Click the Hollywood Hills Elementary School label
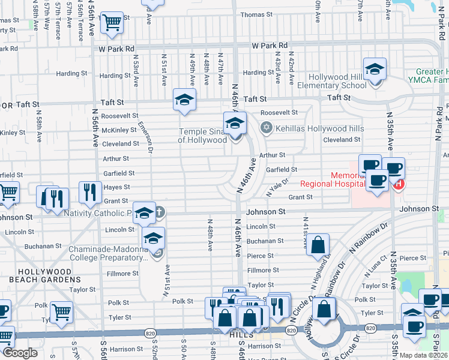coord(337,81)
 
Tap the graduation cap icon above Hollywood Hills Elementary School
coord(375,70)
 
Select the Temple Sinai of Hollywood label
coord(202,136)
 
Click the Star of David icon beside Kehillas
coord(266,128)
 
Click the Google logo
coord(20,353)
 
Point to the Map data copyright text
coord(424,355)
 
